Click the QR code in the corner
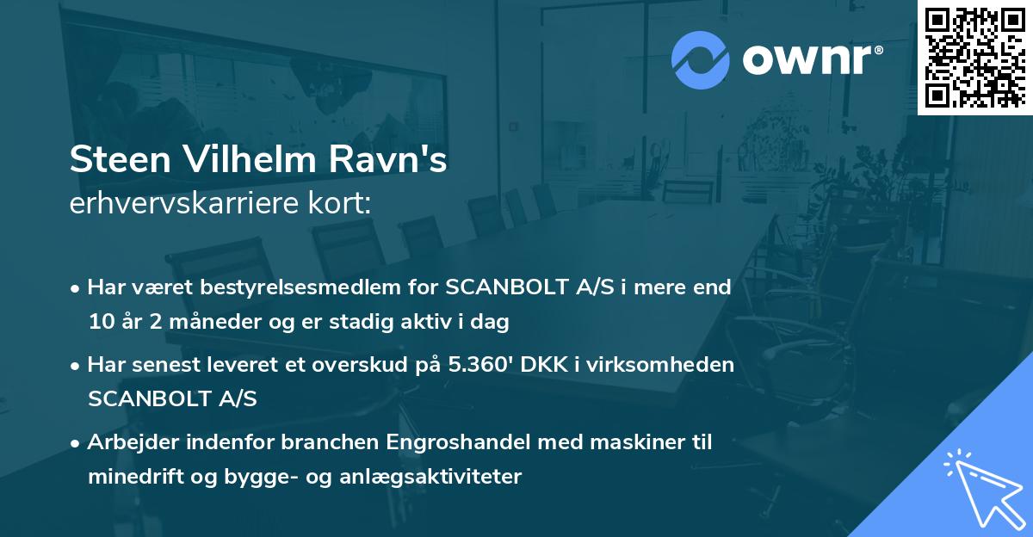[x=974, y=57]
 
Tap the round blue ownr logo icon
[x=700, y=59]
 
